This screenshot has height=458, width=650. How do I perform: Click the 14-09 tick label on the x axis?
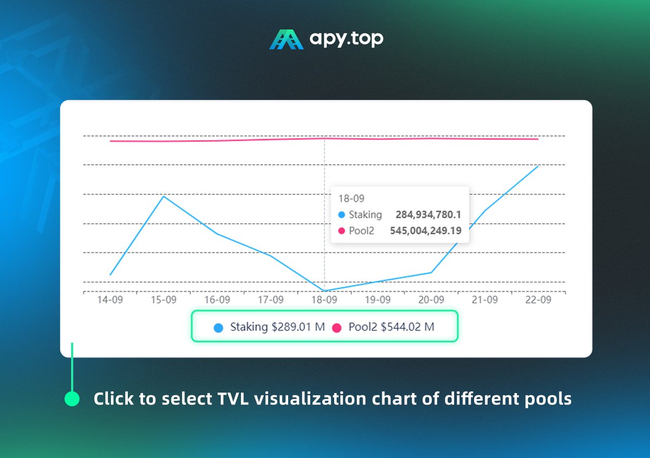pyautogui.click(x=110, y=299)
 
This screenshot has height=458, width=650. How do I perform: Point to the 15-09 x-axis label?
pyautogui.click(x=164, y=299)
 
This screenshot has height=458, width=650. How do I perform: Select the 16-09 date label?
pyautogui.click(x=217, y=299)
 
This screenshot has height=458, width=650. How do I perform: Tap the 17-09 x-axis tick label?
pyautogui.click(x=271, y=299)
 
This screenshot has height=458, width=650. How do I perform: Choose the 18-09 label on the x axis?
pyautogui.click(x=324, y=299)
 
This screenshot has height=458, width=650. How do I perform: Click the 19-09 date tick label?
pyautogui.click(x=378, y=299)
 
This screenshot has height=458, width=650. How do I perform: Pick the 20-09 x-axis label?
pyautogui.click(x=431, y=299)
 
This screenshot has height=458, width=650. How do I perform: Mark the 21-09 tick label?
pyautogui.click(x=484, y=299)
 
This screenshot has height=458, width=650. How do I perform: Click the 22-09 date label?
pyautogui.click(x=538, y=299)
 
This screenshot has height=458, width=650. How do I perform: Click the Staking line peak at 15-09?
pyautogui.click(x=164, y=196)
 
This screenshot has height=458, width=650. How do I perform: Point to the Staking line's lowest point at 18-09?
pyautogui.click(x=324, y=291)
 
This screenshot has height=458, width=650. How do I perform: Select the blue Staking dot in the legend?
pyautogui.click(x=218, y=328)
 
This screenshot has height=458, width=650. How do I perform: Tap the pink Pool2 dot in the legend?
pyautogui.click(x=336, y=328)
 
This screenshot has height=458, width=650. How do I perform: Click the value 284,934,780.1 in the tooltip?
pyautogui.click(x=428, y=215)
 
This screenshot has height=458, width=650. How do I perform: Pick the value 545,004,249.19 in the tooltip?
pyautogui.click(x=426, y=231)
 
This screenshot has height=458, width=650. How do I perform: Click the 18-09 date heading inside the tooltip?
pyautogui.click(x=348, y=199)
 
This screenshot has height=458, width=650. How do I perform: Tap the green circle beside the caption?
pyautogui.click(x=72, y=399)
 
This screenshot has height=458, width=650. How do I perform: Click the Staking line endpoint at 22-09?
pyautogui.click(x=538, y=166)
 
